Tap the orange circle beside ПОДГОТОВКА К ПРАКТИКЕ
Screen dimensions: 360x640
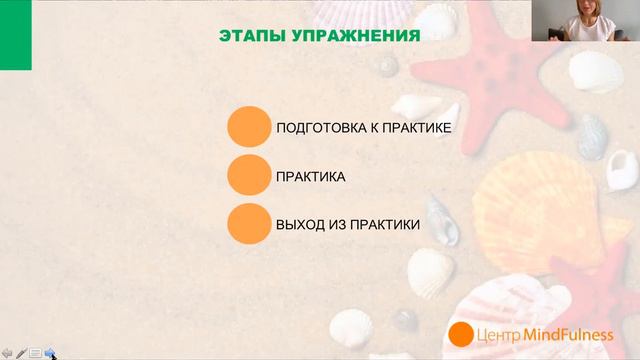[249, 129]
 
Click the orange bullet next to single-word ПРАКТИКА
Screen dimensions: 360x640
[249, 176]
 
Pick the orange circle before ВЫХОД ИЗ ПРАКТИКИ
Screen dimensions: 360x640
[249, 224]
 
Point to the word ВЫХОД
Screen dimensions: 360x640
[298, 224]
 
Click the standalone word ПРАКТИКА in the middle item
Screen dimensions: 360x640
[311, 177]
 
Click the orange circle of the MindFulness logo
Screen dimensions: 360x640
[460, 335]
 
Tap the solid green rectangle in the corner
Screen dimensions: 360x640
[15, 35]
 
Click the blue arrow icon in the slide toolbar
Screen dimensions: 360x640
[49, 352]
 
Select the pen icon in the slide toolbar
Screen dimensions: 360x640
[21, 352]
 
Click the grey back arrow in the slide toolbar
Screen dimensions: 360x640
[7, 352]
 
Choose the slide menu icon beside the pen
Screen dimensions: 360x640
[35, 352]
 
